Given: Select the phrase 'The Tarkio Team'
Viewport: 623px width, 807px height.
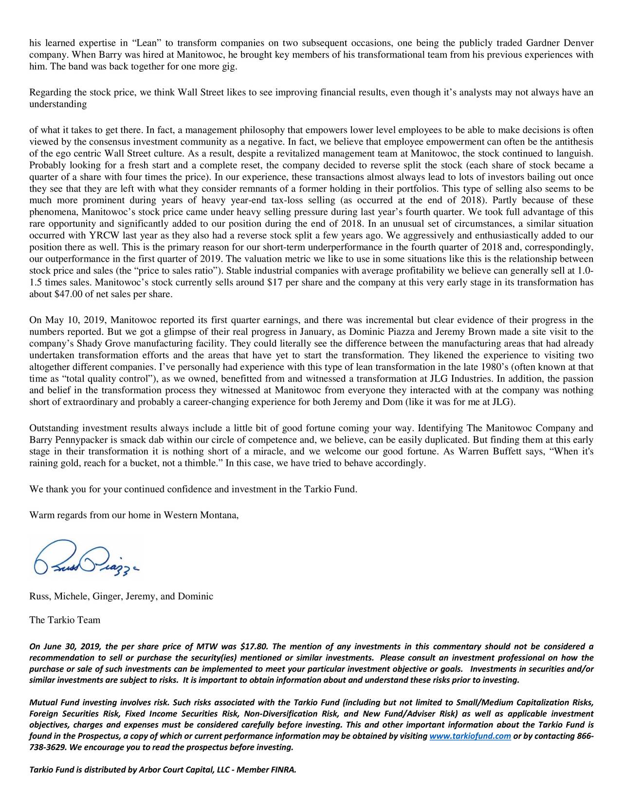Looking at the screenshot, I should (65, 620).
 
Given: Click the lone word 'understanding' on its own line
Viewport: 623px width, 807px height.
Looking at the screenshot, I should (58, 104).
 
